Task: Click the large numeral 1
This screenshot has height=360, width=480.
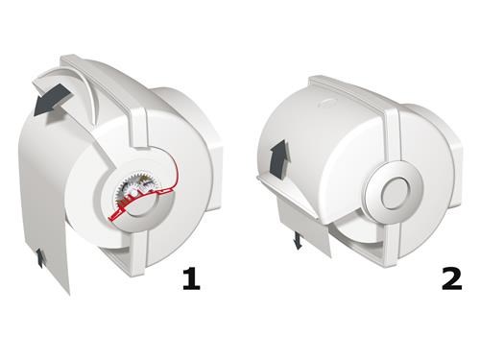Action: pyautogui.click(x=191, y=279)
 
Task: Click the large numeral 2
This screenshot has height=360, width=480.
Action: pyautogui.click(x=452, y=279)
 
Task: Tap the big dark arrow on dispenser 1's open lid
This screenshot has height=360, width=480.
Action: pyautogui.click(x=51, y=100)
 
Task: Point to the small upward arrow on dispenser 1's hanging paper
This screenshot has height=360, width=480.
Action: pyautogui.click(x=39, y=258)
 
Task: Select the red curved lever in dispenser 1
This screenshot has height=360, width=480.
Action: pyautogui.click(x=146, y=194)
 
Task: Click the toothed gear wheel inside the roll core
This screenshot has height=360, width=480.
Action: pyautogui.click(x=127, y=189)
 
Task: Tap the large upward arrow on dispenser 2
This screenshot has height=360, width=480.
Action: pyautogui.click(x=279, y=158)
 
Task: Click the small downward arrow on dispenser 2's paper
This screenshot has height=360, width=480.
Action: pyautogui.click(x=298, y=241)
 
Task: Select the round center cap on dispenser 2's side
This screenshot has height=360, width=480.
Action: pyautogui.click(x=394, y=190)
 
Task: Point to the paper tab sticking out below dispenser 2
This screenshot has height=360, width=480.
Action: pyautogui.click(x=304, y=228)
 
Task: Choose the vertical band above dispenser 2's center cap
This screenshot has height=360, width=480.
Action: pyautogui.click(x=393, y=134)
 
